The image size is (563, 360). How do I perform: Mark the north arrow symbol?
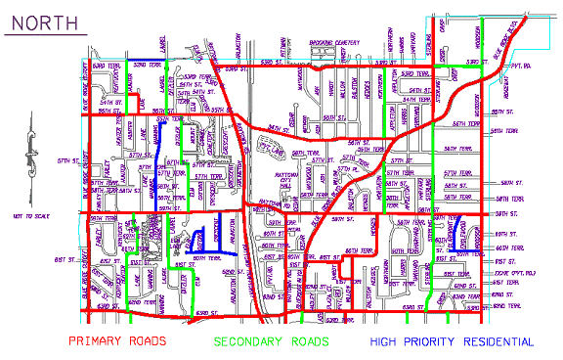point(32,147)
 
